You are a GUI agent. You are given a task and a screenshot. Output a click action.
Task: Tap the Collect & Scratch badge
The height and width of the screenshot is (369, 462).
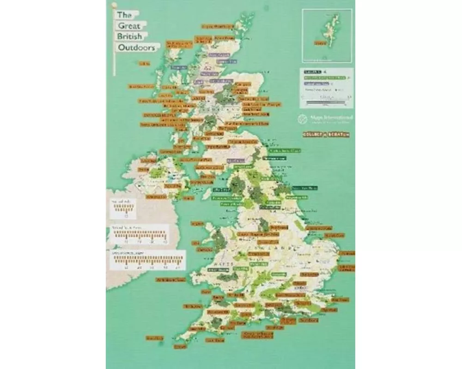coord(325,134)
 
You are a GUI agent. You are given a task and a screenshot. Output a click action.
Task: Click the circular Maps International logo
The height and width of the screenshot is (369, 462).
coord(302,119)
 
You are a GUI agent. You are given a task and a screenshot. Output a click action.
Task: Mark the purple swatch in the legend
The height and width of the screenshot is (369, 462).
coord(316,84)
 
